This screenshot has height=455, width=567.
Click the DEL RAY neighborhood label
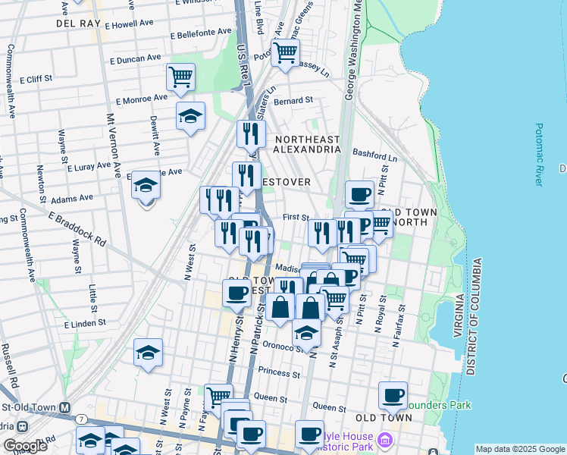coord(79,24)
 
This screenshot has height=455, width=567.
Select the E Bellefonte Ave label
coord(201,34)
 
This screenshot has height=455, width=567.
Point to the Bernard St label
coord(293,100)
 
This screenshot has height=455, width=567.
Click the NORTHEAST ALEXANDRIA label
coord(308,144)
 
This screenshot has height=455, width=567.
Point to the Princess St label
coord(279,372)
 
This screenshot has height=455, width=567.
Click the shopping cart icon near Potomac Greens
coord(285,53)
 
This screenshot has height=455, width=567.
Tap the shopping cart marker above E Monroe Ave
coord(180,76)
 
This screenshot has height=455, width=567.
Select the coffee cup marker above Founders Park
coord(393,394)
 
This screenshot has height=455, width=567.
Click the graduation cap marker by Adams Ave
coord(146,184)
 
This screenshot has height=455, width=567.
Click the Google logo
coord(25,446)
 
